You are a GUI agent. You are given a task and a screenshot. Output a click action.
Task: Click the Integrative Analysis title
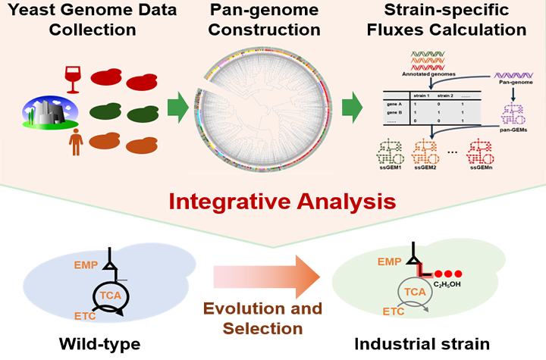tap(273, 202)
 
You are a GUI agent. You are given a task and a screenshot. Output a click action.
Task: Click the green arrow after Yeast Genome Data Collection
tap(177, 107)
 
